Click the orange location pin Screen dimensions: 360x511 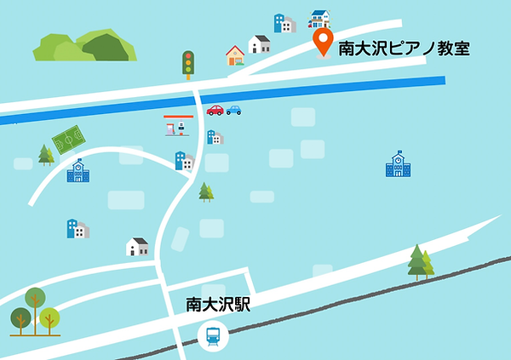click(x=324, y=42)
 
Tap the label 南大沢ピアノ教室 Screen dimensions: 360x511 click(x=405, y=49)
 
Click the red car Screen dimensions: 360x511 click(x=215, y=110)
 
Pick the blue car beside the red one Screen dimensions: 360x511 click(x=233, y=110)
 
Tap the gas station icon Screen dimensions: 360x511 click(x=177, y=126)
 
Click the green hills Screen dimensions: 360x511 click(x=84, y=47)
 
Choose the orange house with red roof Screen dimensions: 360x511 click(x=235, y=56)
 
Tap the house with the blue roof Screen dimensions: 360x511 click(x=320, y=18)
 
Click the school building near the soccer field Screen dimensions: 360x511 click(x=78, y=171)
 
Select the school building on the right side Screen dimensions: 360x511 click(x=397, y=165)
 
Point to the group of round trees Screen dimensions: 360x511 click(x=35, y=311)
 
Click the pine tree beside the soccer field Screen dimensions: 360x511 click(x=45, y=154)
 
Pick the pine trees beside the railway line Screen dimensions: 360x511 click(x=420, y=262)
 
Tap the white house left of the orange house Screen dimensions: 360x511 click(x=259, y=44)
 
